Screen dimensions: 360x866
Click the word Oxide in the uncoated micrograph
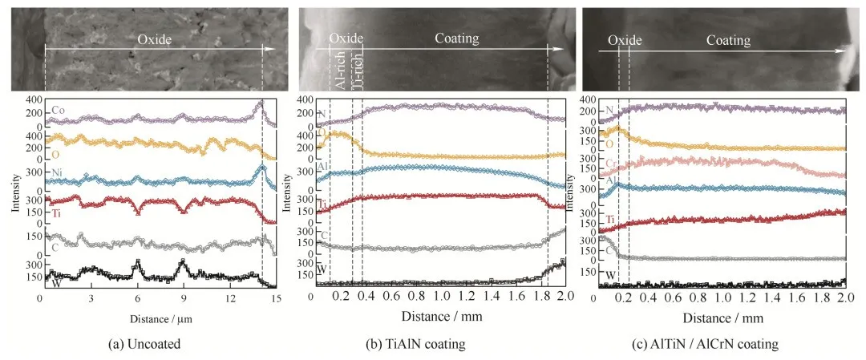coord(153,38)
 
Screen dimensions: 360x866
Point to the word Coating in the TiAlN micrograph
coord(457,38)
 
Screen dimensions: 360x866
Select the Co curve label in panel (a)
coord(56,109)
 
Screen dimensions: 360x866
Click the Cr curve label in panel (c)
coord(610,164)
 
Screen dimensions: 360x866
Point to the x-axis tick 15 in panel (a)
coord(277,298)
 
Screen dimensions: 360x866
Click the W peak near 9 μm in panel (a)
coord(182,261)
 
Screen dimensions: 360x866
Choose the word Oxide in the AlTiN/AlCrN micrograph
coord(623,40)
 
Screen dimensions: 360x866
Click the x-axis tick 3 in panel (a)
coord(90,298)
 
